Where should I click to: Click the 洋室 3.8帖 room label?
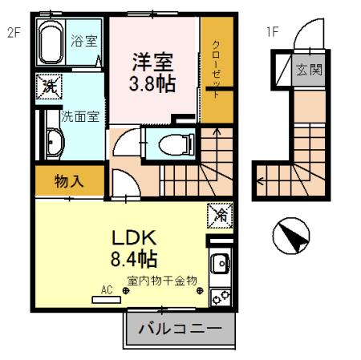(152, 70)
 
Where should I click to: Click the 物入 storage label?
(69, 181)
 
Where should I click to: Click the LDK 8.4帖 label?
(132, 249)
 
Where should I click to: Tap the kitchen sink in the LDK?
(219, 262)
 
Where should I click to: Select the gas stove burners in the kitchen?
(219, 295)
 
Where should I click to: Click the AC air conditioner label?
(105, 290)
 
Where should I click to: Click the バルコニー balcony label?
(180, 330)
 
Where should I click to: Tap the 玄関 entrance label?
(310, 69)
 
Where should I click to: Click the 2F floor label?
(14, 33)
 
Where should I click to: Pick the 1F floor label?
(272, 33)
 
